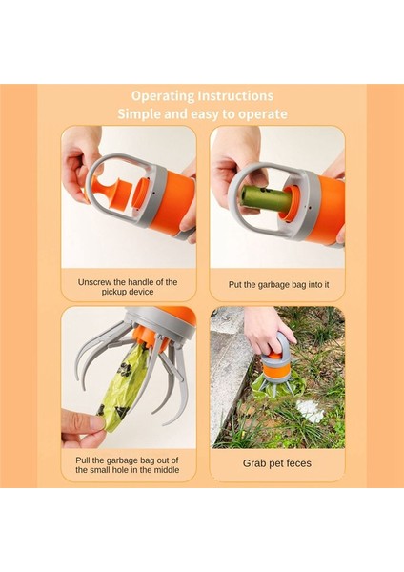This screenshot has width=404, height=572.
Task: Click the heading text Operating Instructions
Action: click(x=202, y=96)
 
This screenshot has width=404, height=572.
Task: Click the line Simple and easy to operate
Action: click(x=202, y=113)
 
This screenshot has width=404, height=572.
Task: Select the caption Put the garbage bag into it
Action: click(x=278, y=284)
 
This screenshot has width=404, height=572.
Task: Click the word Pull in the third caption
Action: click(x=82, y=460)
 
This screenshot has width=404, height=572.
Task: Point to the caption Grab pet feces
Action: click(x=277, y=463)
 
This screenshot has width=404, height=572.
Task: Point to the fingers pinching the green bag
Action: click(x=83, y=428)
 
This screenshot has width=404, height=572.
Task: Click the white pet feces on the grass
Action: click(x=310, y=411)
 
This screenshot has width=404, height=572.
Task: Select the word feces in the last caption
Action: click(x=298, y=463)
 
